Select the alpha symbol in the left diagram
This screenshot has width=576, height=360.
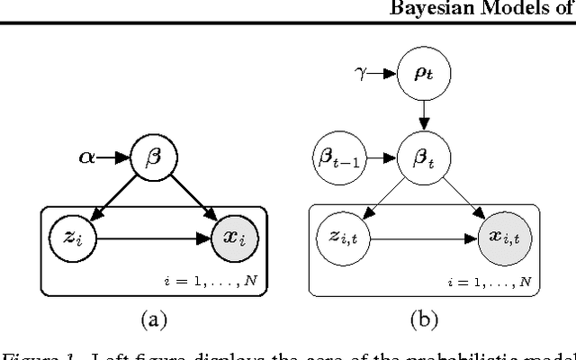(86, 157)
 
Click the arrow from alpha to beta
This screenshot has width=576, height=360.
(115, 157)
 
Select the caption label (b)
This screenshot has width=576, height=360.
(420, 317)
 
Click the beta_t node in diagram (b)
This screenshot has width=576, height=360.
(423, 157)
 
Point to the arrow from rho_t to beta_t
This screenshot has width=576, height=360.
(423, 115)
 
